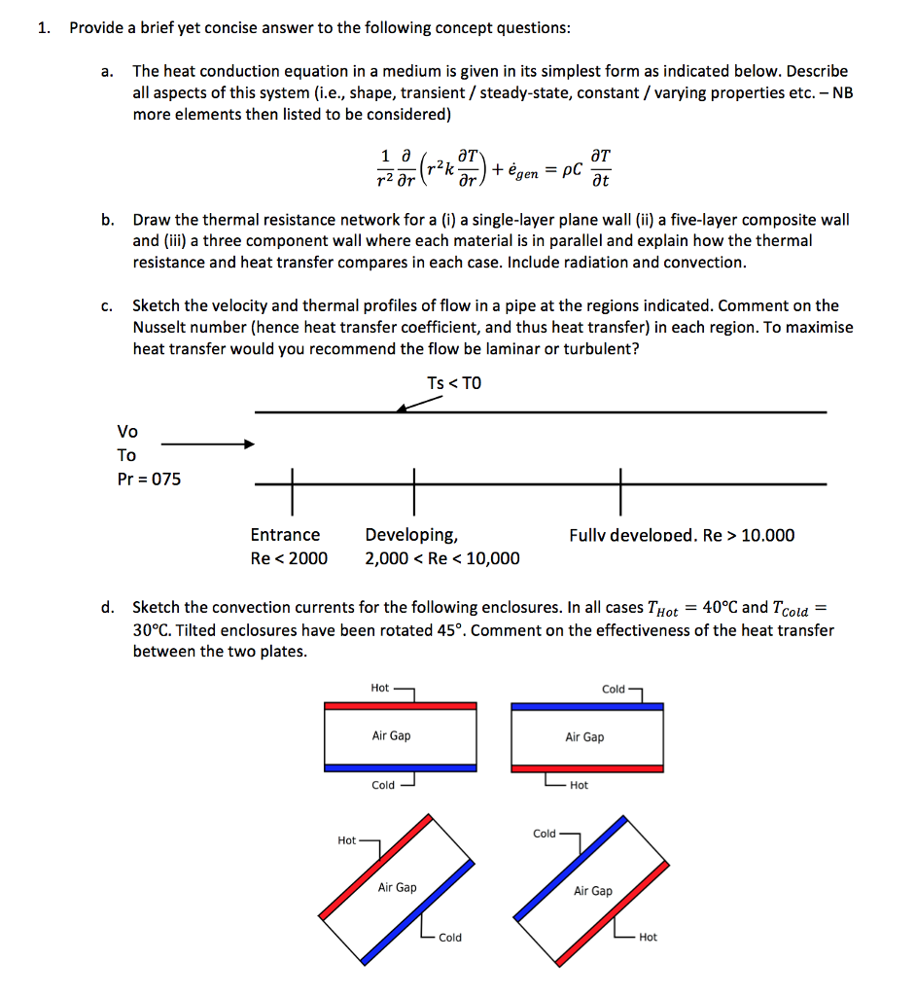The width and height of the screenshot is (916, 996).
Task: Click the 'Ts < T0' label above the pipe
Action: coord(453,383)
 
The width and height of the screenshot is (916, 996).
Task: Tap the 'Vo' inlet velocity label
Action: coord(127,431)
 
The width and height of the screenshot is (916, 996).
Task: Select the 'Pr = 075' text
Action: coord(149,479)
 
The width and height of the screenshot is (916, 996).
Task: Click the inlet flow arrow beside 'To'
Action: coord(207,445)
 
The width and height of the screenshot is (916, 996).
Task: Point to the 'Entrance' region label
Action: coord(285,535)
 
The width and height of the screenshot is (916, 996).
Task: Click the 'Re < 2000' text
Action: coord(289,558)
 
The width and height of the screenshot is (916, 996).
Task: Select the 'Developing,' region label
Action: coord(411,535)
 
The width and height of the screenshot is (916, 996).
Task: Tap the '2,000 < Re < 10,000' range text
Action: coord(441,558)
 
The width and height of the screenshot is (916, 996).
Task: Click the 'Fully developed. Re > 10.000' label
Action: coord(682,535)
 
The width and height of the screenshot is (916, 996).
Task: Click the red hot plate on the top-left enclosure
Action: coord(401,705)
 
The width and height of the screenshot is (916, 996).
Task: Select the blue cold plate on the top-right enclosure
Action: coord(587,706)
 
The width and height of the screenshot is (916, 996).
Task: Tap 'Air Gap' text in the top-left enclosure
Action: coord(391,735)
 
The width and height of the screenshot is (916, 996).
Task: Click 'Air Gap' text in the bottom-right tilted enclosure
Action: coord(593,891)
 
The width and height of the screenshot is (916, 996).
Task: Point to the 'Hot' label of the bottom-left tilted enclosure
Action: coord(346,840)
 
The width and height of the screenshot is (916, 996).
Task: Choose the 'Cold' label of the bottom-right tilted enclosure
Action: coord(545,834)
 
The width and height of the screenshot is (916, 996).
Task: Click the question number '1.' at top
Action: coord(44,27)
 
